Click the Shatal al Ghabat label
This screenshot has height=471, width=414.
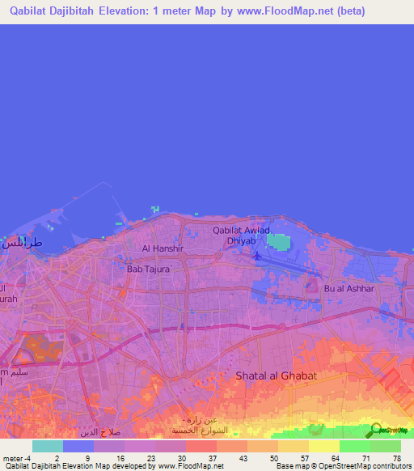point(276,376)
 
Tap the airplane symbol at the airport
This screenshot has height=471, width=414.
point(257,257)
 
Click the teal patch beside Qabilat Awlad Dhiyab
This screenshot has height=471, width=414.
point(277,242)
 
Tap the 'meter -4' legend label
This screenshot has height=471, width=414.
point(17,457)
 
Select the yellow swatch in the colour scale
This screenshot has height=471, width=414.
point(323,446)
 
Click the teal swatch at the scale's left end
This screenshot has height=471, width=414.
point(47,446)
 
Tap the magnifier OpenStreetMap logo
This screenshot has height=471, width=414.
point(374,431)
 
